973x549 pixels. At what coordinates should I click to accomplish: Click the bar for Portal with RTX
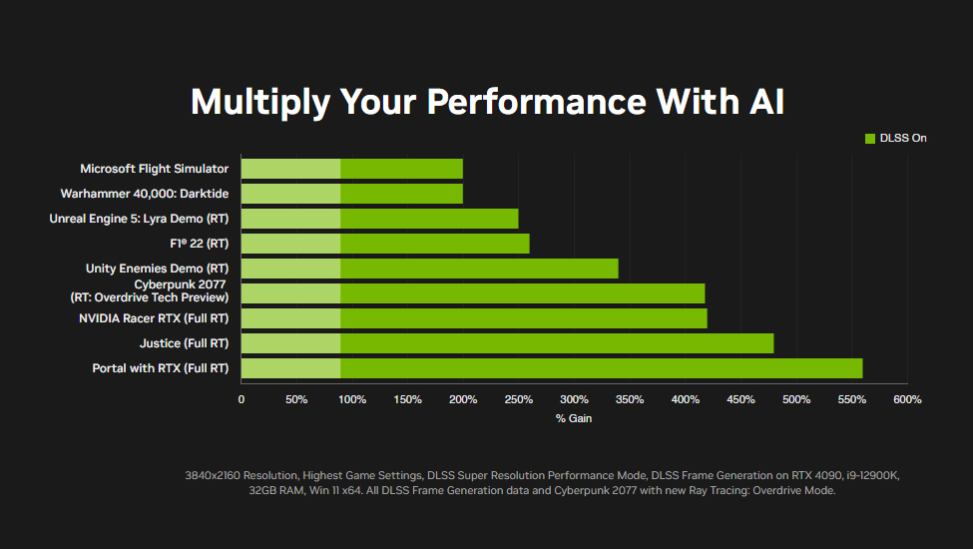tap(552, 368)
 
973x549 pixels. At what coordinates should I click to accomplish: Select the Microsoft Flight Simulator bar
tap(352, 169)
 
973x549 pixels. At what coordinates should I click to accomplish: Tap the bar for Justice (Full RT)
tap(508, 343)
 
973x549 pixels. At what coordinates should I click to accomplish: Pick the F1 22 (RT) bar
tap(385, 244)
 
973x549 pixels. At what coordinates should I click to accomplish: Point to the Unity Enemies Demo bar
tap(429, 269)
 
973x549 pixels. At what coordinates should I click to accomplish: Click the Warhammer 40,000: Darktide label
tap(145, 194)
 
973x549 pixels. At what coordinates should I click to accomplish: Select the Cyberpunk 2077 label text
tap(150, 290)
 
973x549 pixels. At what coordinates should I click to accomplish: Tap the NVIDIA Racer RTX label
tap(154, 318)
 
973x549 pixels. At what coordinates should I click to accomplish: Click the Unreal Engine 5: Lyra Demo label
tap(139, 219)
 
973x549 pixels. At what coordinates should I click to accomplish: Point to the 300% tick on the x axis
tap(574, 399)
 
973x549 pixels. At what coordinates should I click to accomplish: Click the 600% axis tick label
tap(907, 399)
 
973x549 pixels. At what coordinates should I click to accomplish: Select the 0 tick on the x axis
tap(242, 399)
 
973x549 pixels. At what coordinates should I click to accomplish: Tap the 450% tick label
tap(740, 399)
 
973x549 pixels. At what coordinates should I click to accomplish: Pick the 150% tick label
tap(408, 399)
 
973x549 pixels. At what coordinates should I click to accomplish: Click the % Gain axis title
tap(574, 418)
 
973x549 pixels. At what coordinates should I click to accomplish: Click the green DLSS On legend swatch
tap(870, 139)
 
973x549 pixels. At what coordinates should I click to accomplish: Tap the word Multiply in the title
tap(260, 103)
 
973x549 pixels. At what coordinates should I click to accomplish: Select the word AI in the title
tap(767, 101)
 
